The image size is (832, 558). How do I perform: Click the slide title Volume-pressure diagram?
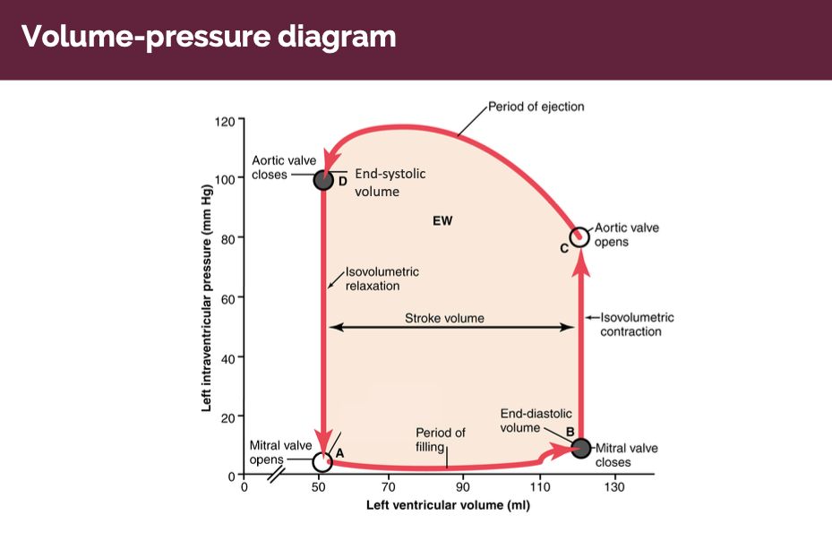(209, 38)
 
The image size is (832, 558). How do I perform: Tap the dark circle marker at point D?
(323, 180)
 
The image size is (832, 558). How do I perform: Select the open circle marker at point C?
(579, 236)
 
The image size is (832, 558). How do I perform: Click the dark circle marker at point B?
(580, 447)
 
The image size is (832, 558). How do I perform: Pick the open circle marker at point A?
(322, 461)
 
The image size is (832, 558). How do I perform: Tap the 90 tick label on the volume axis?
(462, 487)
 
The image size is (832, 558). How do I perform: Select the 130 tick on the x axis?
(614, 487)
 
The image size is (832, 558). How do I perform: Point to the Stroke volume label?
(444, 318)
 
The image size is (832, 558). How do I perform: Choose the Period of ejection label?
(536, 107)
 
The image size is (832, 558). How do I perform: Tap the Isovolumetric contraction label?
(636, 324)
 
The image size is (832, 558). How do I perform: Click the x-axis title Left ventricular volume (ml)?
(448, 506)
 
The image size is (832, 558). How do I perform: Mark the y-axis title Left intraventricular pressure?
(207, 297)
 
